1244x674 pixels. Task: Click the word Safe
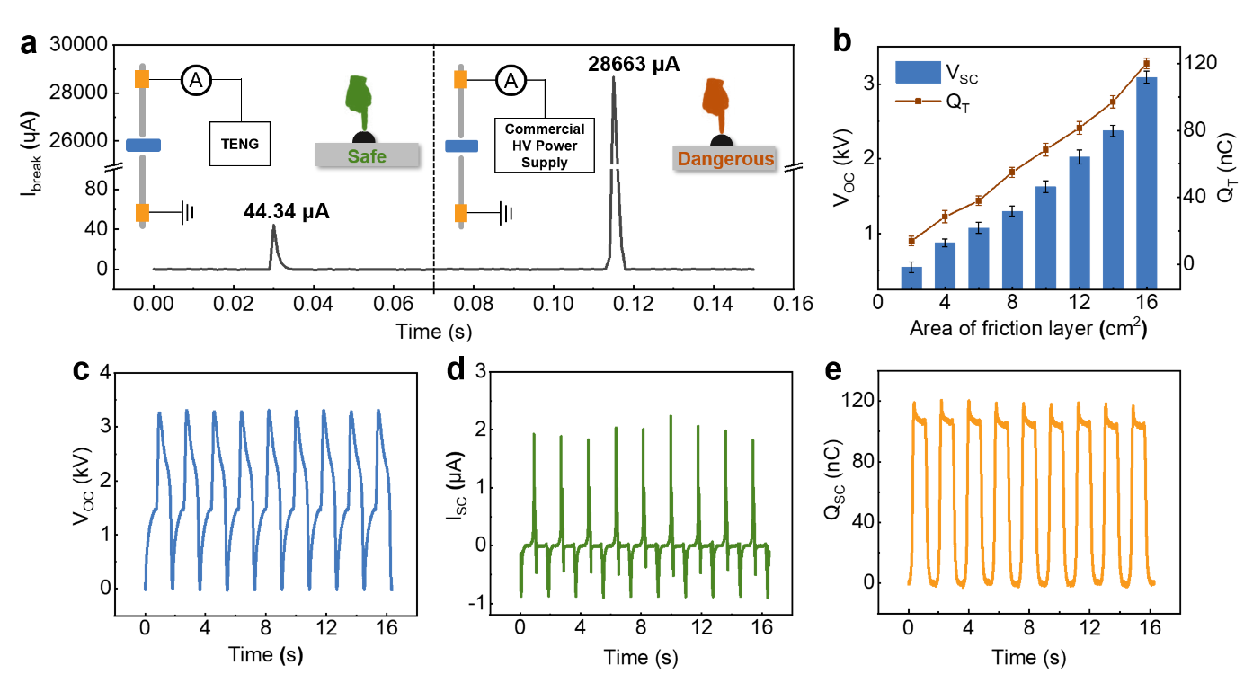367,156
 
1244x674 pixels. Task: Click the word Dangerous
724,159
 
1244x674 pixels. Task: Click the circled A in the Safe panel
196,81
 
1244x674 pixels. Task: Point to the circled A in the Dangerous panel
511,81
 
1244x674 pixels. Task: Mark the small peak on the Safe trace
273,228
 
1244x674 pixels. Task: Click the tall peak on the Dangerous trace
614,81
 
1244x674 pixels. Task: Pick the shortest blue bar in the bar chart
911,278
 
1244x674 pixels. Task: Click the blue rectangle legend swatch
918,72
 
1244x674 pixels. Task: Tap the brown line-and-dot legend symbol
918,102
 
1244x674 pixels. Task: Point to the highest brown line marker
1146,63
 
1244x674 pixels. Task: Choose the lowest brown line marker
911,240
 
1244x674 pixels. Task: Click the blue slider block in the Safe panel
143,145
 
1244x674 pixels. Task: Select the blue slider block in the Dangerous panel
461,146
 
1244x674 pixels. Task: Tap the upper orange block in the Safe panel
142,79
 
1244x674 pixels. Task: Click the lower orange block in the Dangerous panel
461,213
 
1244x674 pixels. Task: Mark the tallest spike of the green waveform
671,418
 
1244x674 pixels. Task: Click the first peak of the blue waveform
159,414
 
